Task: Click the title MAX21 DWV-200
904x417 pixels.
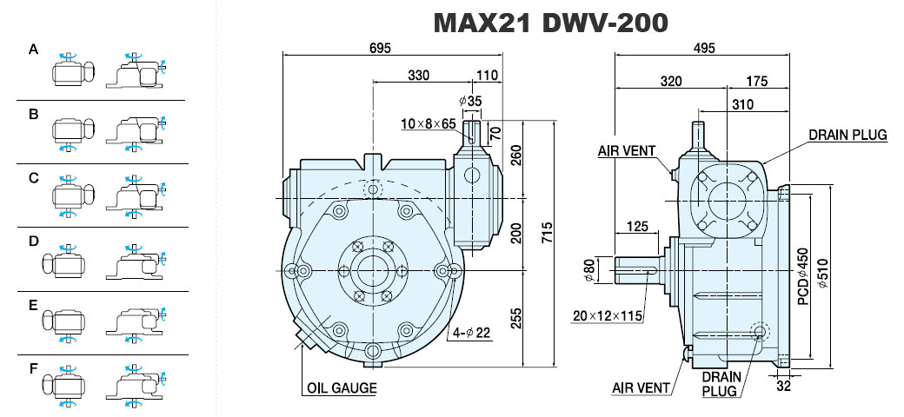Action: (550, 23)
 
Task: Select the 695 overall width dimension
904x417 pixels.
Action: (379, 48)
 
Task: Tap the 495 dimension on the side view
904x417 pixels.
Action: (704, 48)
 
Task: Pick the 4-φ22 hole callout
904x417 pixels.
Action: (471, 333)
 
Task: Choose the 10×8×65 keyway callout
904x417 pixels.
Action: (429, 124)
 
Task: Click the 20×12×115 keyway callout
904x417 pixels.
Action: (608, 315)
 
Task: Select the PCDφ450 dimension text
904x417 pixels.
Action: (803, 276)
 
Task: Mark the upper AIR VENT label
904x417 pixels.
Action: (627, 151)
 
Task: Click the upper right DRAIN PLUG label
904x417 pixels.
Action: (847, 136)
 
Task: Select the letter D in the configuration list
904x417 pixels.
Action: (33, 241)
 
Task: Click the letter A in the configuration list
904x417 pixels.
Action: (33, 50)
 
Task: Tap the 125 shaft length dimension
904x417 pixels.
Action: (637, 227)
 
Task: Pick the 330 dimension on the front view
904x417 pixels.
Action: (419, 76)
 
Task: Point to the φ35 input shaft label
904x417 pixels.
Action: (470, 102)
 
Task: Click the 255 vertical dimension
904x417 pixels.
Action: (516, 319)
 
